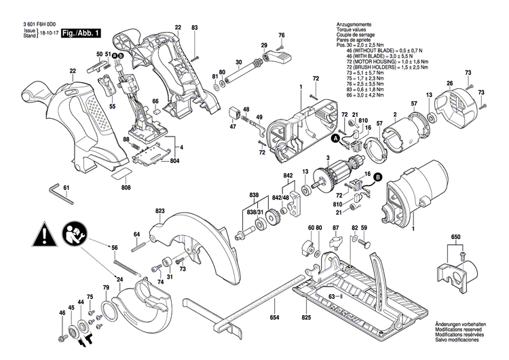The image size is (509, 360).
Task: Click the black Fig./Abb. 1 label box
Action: tap(81, 33)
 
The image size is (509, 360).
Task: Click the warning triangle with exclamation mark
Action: tap(41, 237)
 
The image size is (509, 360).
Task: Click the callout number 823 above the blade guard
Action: tap(160, 211)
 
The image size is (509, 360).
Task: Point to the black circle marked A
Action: tap(335, 139)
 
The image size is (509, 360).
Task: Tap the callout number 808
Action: tap(126, 187)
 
